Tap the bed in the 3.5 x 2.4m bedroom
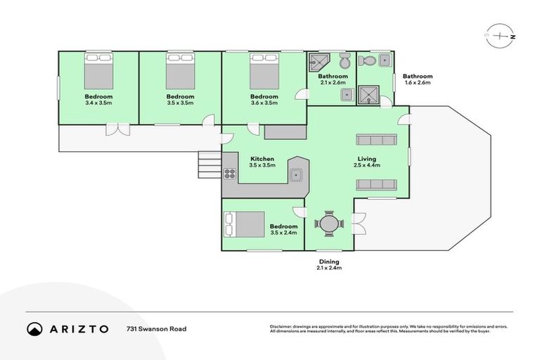tap(244, 225)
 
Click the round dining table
tap(328, 225)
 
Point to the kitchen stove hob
tap(229, 173)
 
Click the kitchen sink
tap(297, 174)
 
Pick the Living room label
tap(366, 159)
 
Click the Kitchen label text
tap(262, 159)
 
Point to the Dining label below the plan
tap(328, 262)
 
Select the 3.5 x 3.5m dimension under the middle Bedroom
tap(180, 103)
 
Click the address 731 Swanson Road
tap(156, 328)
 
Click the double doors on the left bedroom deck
tap(113, 129)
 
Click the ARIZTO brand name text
tap(79, 328)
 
